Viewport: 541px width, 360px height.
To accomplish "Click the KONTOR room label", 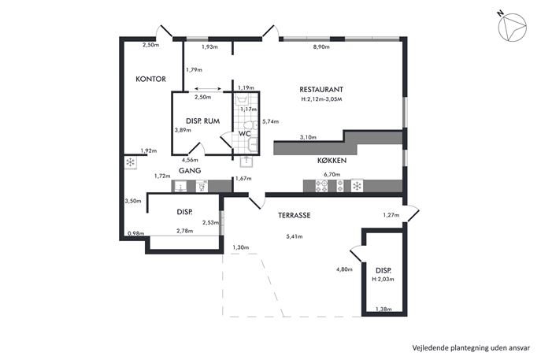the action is [x=150, y=79].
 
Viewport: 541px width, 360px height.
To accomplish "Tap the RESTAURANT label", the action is [x=321, y=89].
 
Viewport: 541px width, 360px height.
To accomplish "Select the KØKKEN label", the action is [x=332, y=161].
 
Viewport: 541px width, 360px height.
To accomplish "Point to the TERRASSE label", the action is [x=295, y=215].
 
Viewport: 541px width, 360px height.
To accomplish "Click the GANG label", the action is [x=190, y=170].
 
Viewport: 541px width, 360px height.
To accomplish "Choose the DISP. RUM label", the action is [x=203, y=121].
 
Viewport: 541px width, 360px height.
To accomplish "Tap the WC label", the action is [x=245, y=134].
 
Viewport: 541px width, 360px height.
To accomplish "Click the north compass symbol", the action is [x=513, y=28].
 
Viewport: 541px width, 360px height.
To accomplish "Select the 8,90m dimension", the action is [x=321, y=47].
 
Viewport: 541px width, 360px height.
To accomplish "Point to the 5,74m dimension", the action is [x=271, y=121].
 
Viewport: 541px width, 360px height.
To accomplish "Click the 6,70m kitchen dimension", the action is [x=332, y=175].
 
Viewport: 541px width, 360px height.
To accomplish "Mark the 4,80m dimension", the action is [x=344, y=269].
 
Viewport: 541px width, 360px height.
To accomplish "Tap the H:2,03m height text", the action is [x=383, y=279].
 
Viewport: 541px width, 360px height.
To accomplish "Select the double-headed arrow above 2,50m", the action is [x=208, y=89].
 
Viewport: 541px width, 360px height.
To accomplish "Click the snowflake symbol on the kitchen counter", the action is [x=357, y=186].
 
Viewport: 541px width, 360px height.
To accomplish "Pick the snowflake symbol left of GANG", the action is [x=131, y=162].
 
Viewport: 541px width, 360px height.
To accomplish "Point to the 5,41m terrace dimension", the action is [x=295, y=237].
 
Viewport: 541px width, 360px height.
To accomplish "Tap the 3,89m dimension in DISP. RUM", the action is [x=183, y=130].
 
